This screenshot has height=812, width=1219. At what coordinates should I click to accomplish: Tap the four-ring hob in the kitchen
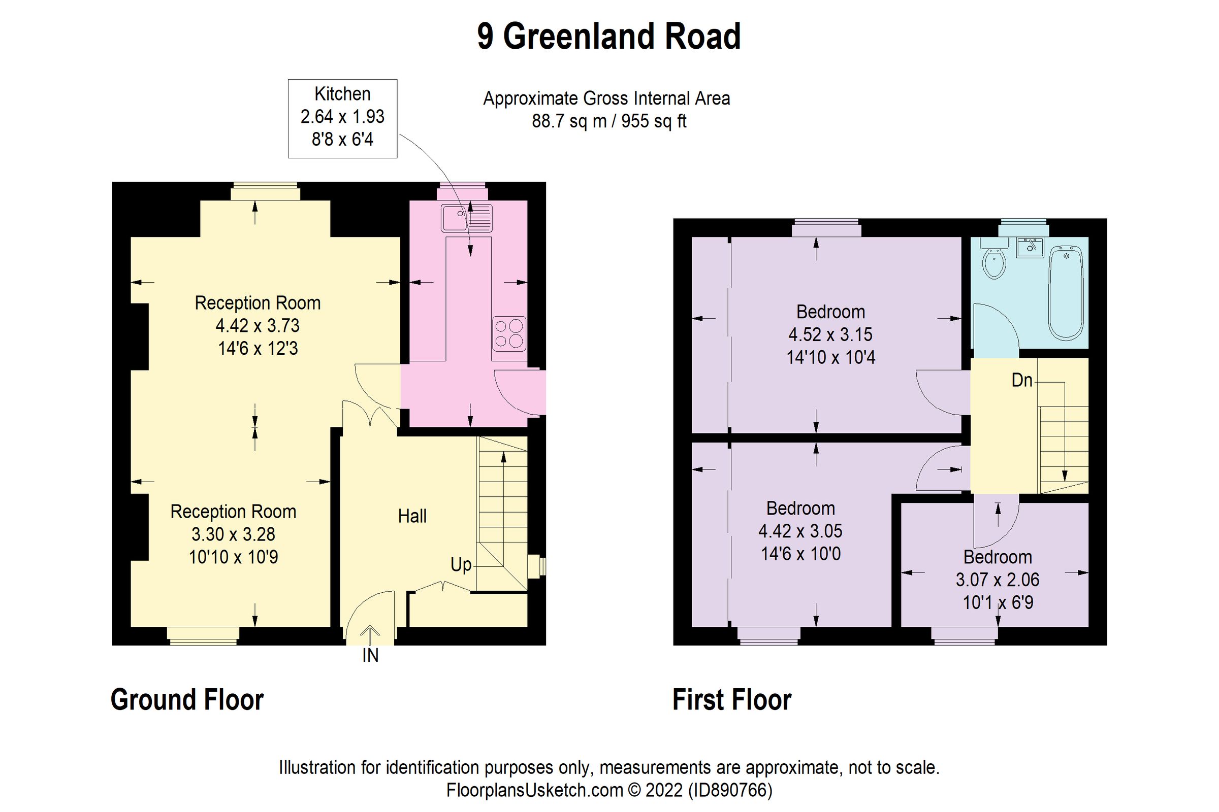(508, 333)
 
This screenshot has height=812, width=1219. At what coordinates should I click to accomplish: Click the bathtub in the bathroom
(1066, 293)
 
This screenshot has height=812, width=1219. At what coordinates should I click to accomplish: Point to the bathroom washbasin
(1030, 248)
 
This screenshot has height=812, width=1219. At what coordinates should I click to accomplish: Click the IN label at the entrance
(370, 656)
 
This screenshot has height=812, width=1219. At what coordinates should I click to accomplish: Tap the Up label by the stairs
(461, 564)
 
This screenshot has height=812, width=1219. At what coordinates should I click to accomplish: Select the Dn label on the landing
(1021, 381)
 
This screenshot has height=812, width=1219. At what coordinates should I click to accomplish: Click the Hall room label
(412, 516)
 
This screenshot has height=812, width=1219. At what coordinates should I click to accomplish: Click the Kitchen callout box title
(342, 94)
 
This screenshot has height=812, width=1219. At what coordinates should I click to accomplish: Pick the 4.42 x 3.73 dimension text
(258, 326)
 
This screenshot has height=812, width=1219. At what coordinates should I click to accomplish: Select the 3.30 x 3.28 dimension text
(233, 534)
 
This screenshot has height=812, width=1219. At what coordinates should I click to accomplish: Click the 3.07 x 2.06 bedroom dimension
(997, 580)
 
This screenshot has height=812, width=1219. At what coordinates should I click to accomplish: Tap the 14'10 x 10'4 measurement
(830, 357)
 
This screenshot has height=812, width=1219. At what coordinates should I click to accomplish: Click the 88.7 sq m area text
(568, 121)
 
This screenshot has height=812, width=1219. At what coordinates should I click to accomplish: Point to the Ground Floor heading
(187, 700)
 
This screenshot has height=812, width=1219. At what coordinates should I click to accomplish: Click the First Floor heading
(731, 700)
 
